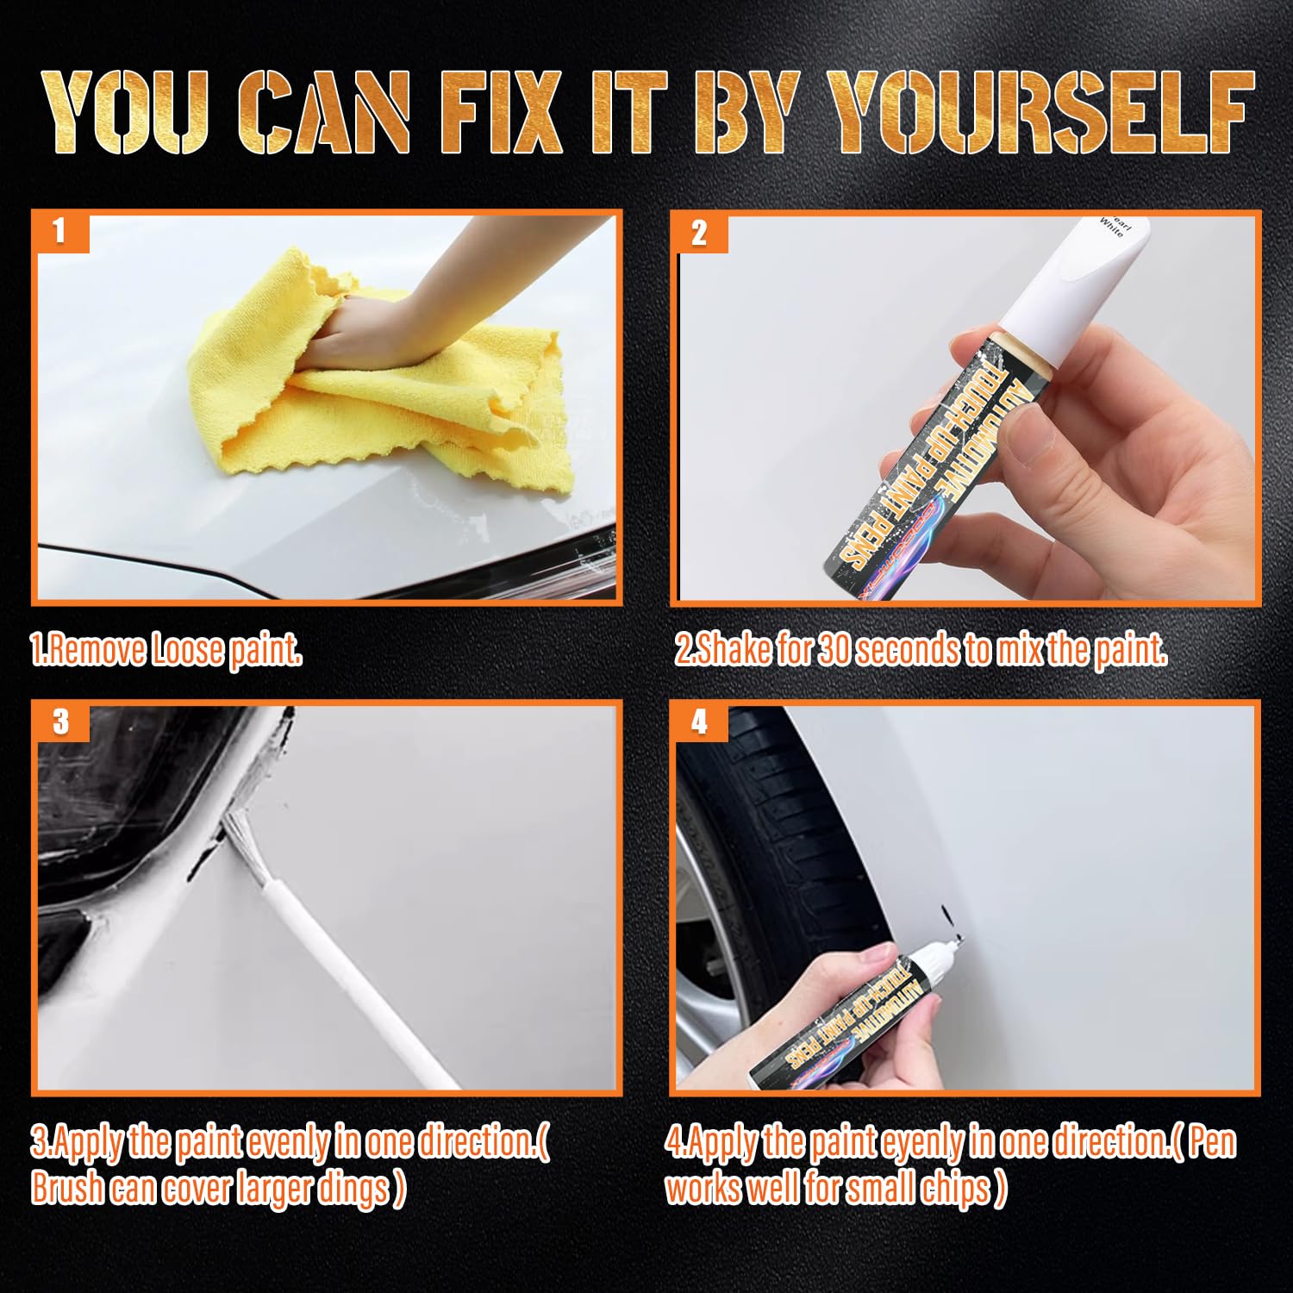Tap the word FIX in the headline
tap(501, 112)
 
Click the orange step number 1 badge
tap(59, 231)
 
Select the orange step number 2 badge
tap(699, 233)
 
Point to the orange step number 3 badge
tap(60, 721)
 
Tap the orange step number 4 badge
tap(699, 721)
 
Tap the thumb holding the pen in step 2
tap(1034, 440)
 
